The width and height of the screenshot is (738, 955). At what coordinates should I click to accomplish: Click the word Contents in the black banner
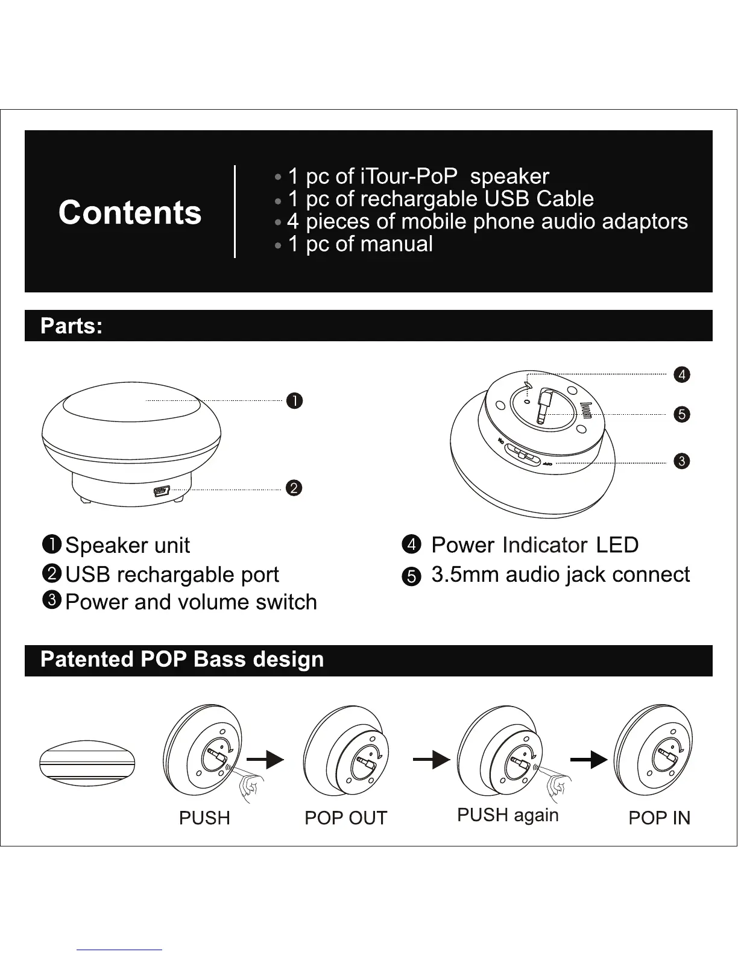pos(130,212)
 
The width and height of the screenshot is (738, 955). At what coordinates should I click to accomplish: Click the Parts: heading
pos(71,326)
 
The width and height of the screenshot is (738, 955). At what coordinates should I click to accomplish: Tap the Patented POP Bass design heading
pos(181,660)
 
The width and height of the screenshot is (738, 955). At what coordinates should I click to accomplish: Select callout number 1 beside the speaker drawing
pos(294,401)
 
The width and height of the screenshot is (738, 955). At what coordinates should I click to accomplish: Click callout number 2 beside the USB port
pos(294,488)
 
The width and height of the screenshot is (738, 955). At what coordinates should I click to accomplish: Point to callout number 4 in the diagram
pos(681,374)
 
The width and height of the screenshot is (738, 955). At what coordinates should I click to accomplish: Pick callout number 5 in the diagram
pos(681,414)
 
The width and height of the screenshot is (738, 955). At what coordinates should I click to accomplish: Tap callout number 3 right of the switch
pos(681,461)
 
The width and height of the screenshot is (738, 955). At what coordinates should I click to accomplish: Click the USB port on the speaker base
pos(161,490)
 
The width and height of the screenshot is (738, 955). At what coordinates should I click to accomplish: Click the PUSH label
pos(204,818)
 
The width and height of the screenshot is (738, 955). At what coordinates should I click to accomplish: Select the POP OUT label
pos(345,818)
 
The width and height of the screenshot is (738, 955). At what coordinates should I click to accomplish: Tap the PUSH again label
pos(508,815)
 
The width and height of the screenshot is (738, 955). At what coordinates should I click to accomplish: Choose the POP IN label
pos(659,818)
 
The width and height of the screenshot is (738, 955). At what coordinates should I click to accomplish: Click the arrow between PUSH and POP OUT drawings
pos(265,760)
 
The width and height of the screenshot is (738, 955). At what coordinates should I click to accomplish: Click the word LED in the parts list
pos(617,545)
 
